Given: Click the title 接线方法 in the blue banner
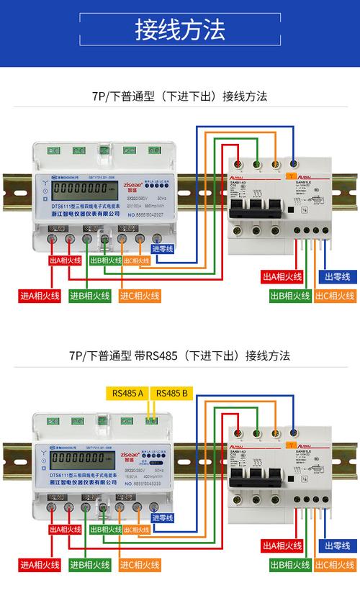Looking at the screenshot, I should [x=180, y=30].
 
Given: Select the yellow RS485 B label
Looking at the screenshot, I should [x=172, y=393].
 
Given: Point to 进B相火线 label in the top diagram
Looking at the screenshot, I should [x=90, y=296].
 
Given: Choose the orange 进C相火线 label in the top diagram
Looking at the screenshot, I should [x=140, y=296].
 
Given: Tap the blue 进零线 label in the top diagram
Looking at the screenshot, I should [x=163, y=249].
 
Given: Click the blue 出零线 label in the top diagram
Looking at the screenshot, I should [x=337, y=276].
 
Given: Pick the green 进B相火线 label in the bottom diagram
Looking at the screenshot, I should [x=90, y=564].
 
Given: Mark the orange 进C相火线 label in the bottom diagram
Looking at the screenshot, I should [x=140, y=564].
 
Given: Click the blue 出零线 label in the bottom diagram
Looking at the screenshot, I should [x=337, y=546].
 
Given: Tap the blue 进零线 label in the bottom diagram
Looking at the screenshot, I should [x=163, y=517].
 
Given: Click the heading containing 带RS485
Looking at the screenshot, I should [x=180, y=355].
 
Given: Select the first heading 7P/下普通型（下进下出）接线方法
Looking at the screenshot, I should [x=180, y=96].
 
